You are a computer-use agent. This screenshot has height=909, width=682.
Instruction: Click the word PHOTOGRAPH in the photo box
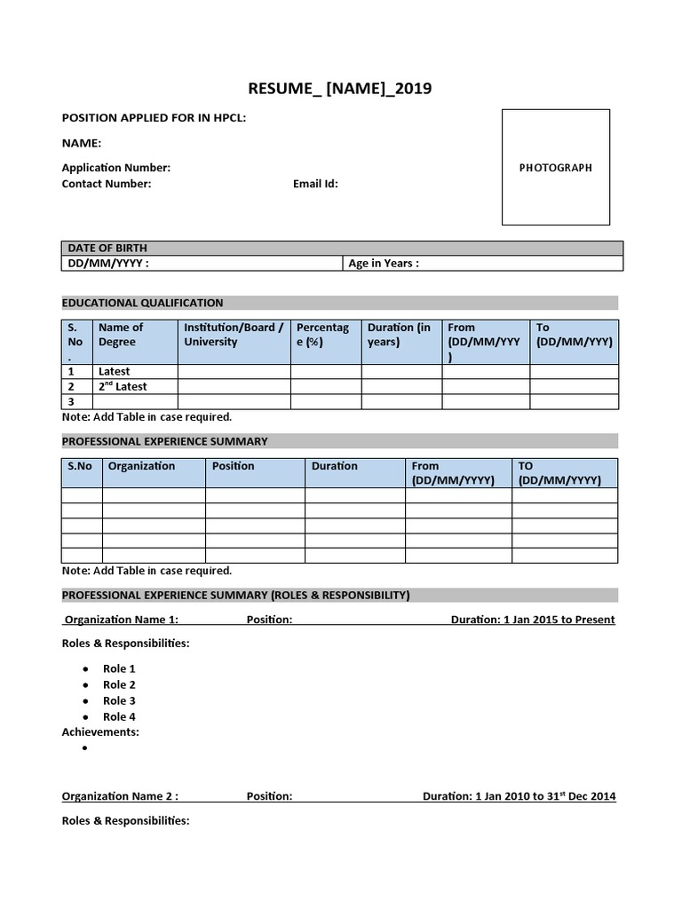(x=555, y=168)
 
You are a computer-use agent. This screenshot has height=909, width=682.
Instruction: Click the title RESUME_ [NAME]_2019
(x=340, y=88)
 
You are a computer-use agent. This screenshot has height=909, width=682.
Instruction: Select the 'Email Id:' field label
(x=315, y=184)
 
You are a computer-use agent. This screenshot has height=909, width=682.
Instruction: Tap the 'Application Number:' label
(x=115, y=168)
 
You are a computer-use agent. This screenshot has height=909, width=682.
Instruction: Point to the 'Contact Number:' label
(x=107, y=184)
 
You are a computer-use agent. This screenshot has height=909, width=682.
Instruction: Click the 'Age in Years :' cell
(x=384, y=264)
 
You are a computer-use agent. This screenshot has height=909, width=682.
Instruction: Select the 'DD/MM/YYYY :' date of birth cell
(x=108, y=264)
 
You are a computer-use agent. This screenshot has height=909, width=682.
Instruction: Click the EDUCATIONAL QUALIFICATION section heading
(x=142, y=303)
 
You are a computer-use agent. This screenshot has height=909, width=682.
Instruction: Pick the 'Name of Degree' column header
(x=121, y=335)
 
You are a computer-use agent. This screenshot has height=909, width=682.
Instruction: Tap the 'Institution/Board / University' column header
(x=234, y=335)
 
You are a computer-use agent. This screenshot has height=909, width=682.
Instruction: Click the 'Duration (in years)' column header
(x=399, y=335)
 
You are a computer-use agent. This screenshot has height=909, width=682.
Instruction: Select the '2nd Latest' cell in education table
(x=123, y=387)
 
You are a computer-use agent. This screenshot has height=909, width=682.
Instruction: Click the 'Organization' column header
(x=141, y=466)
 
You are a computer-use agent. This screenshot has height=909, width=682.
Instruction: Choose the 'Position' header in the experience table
(x=233, y=466)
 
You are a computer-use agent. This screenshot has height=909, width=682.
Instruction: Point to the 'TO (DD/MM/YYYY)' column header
(x=559, y=473)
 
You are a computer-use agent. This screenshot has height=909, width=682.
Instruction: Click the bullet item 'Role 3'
(x=119, y=700)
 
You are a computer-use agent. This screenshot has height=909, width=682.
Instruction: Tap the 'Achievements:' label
(x=100, y=732)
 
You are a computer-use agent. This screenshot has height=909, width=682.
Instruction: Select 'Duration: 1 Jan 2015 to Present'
(x=533, y=620)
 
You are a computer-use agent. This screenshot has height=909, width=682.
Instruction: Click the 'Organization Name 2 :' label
(x=120, y=796)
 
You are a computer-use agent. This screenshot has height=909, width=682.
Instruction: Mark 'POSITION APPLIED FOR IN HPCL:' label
(x=154, y=118)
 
